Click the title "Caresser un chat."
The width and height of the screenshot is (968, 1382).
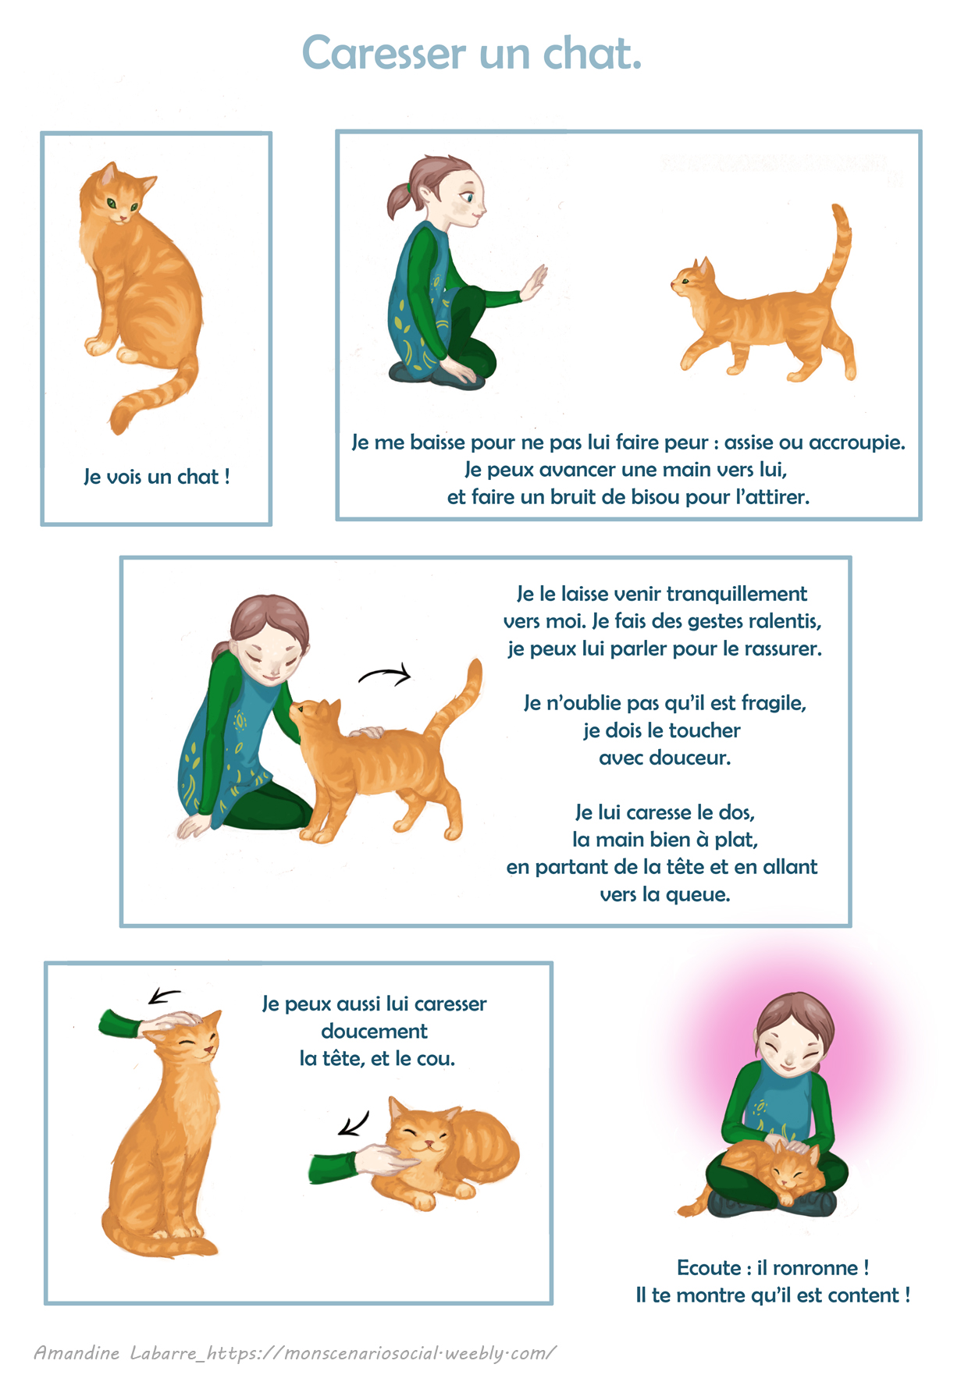tap(472, 53)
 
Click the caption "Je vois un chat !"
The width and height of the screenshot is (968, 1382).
tap(156, 476)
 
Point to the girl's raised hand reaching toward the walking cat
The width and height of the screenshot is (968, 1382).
tap(536, 282)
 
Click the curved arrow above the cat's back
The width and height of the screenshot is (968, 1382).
tap(384, 674)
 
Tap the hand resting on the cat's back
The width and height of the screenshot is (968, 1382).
tap(366, 732)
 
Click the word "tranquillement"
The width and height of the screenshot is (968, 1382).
tap(737, 594)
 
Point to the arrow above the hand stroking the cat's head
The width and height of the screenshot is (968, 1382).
tap(164, 996)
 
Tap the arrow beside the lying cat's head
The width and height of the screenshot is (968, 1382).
tap(354, 1124)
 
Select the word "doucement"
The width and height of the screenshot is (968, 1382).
tap(374, 1031)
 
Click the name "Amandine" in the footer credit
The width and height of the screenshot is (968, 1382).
tap(77, 1352)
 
